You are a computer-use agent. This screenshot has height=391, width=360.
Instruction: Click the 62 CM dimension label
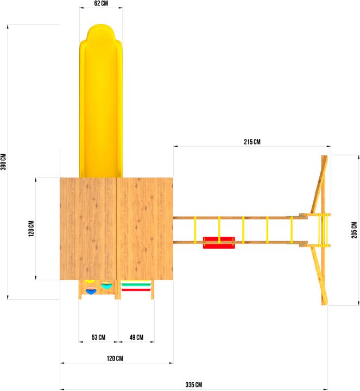[101, 3]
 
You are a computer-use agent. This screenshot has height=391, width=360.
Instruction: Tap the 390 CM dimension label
[3, 162]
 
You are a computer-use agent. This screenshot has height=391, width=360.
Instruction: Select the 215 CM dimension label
[252, 142]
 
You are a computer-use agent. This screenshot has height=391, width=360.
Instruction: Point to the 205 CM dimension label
[354, 230]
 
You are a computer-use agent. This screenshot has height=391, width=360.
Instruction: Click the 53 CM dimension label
[98, 337]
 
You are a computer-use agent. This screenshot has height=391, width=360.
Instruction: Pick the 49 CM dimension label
[136, 337]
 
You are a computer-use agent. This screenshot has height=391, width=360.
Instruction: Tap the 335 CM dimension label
[194, 384]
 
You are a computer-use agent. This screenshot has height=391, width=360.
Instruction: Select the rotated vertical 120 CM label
[31, 229]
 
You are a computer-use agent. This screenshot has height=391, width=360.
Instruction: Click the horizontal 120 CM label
[115, 358]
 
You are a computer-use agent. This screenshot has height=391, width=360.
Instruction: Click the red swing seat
[219, 243]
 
